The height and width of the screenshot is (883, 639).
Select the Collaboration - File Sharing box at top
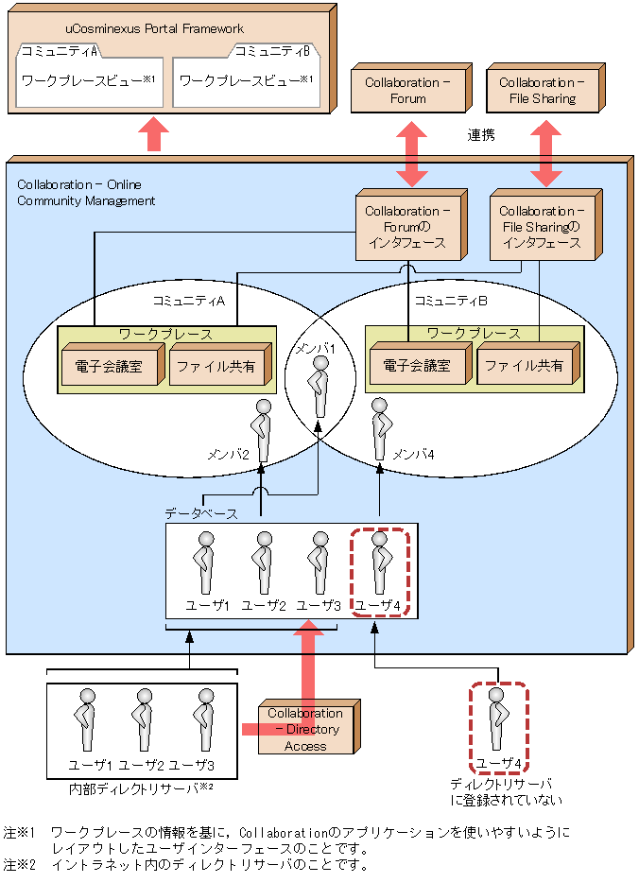tap(537, 91)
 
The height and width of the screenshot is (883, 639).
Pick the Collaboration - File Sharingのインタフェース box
tap(543, 227)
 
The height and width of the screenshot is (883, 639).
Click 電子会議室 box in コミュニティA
tap(110, 366)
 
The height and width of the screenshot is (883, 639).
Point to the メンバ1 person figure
tap(321, 387)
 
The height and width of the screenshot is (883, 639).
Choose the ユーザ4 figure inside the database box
tap(380, 563)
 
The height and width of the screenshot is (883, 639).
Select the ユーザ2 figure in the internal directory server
tap(144, 721)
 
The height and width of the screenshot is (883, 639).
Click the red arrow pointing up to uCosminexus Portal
tap(154, 134)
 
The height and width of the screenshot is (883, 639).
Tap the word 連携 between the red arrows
tap(480, 135)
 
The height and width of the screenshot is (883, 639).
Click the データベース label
tap(200, 513)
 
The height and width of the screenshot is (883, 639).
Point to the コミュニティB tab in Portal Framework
tap(272, 50)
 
